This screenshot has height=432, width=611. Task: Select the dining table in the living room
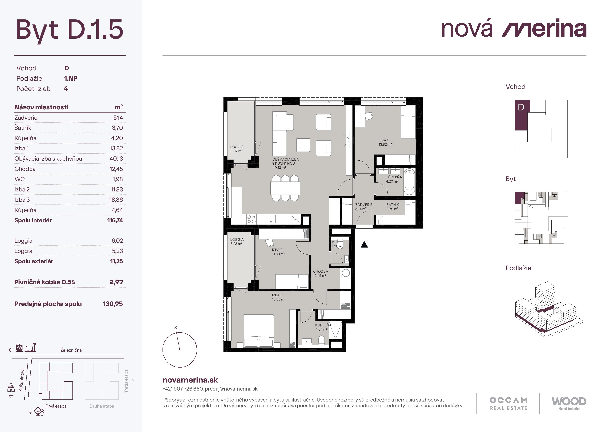[285, 188]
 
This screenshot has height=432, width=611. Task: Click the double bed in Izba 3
[258, 331]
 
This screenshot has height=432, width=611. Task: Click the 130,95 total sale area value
[113, 304]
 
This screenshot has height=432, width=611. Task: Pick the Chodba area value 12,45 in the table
[116, 169]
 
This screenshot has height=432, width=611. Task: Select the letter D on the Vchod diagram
[521, 107]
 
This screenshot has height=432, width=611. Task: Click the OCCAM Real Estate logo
[509, 404]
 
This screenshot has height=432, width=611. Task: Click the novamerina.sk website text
[190, 380]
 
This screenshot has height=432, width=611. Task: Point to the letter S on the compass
[176, 328]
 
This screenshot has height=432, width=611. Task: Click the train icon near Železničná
[19, 348]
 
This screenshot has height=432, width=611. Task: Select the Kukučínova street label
[21, 380]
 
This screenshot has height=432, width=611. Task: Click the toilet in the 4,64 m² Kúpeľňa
[322, 340]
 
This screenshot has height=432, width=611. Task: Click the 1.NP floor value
[71, 79]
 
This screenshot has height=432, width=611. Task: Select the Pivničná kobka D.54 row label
[45, 282]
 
